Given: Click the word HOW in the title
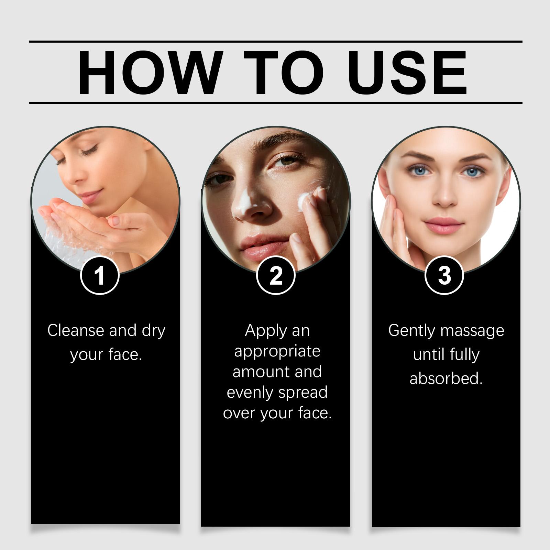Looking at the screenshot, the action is click(x=148, y=73).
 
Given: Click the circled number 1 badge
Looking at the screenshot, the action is click(x=100, y=275).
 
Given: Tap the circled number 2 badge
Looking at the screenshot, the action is click(x=276, y=275).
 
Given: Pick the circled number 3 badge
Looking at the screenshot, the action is click(x=444, y=275).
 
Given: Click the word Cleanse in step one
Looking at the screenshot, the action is click(x=76, y=330).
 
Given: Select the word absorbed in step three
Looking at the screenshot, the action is click(x=446, y=378).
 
